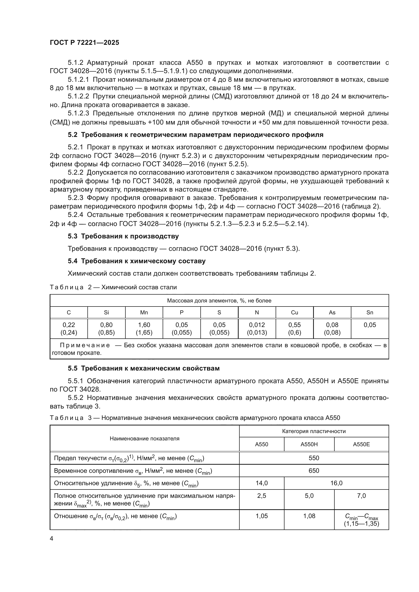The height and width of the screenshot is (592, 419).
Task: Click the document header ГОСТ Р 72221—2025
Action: tap(84, 43)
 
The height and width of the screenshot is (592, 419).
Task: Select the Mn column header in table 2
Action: tap(144, 313)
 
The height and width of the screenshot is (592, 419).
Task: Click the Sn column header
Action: tap(370, 313)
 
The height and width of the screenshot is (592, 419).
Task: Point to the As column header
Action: tap(332, 313)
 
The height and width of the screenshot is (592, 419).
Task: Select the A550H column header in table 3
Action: tap(309, 444)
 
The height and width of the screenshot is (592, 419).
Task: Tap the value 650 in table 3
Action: tap(314, 471)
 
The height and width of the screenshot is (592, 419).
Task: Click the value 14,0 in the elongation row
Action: tap(262, 483)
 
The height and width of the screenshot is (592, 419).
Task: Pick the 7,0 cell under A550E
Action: tap(361, 496)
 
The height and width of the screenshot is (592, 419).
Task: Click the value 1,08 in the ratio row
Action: tap(309, 516)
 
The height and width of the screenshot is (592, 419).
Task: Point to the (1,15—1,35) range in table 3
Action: tap(361, 524)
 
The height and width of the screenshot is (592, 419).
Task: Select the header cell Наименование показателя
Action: tap(144, 439)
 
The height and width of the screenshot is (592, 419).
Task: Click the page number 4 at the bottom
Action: tap(51, 539)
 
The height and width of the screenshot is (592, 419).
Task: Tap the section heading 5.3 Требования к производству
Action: tap(123, 236)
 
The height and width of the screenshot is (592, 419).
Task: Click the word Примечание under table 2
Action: tap(85, 345)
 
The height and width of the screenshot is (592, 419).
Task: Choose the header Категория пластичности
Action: tap(314, 431)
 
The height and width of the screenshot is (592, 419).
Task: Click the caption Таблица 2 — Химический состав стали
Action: tap(113, 287)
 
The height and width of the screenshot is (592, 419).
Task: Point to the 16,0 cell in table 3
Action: tap(336, 483)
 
